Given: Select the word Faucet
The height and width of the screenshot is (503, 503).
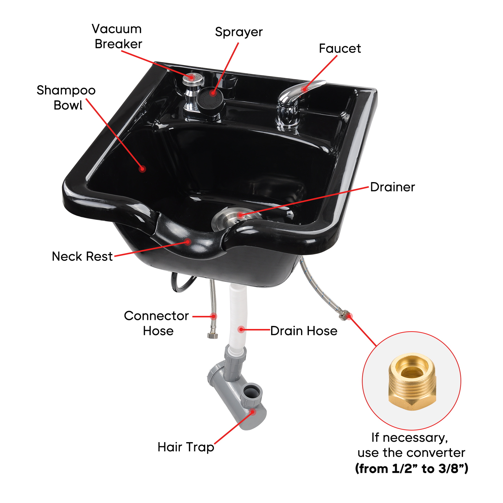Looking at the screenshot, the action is pos(340,49).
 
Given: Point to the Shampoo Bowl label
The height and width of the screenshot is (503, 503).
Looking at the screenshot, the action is pos(66,98).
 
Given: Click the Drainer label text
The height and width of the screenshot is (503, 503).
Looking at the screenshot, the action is pos(393,187).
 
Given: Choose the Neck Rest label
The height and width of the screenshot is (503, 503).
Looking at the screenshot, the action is pos(82,256).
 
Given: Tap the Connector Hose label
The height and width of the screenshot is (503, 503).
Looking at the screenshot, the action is pos(156,323).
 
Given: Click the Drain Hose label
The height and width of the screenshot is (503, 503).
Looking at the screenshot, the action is pos(304,331).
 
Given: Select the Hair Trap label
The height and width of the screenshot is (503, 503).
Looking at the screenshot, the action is pos(186,447).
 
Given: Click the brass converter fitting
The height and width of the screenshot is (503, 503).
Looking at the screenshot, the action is pos(412,382).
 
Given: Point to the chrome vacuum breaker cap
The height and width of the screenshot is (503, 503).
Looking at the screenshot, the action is pos(193,79).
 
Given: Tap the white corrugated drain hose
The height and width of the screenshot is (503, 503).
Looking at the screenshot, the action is pos(237,318).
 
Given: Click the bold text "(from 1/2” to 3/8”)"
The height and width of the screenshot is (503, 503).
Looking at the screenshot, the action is pos(412,476).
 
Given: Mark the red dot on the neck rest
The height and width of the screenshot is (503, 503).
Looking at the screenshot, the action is pos(188,242).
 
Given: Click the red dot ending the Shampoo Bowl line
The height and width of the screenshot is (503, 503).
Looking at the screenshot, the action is pos(142,169).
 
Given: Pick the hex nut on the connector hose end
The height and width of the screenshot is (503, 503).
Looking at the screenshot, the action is pos(213,336).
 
